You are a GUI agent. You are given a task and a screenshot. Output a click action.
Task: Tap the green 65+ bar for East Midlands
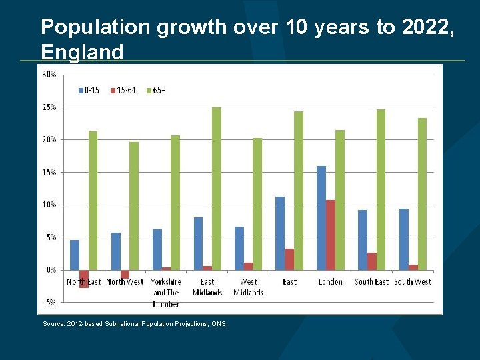[217, 188]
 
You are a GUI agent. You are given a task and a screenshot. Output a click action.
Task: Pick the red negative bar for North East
[84, 279]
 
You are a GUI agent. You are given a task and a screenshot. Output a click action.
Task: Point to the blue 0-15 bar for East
[280, 233]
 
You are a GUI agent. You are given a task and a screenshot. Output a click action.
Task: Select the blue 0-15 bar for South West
[404, 239]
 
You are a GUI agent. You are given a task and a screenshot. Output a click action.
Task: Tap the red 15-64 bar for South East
[372, 261]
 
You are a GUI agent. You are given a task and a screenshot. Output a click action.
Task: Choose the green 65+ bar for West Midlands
[257, 203]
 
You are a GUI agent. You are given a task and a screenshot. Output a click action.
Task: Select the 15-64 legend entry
[123, 90]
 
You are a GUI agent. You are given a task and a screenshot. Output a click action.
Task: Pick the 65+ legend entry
[159, 90]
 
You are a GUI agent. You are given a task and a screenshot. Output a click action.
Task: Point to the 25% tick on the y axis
[49, 107]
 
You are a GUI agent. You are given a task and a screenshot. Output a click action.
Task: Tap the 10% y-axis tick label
[49, 205]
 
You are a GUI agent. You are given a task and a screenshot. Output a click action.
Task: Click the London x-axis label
[331, 282]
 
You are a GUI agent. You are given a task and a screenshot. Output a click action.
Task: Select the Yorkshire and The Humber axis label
[166, 293]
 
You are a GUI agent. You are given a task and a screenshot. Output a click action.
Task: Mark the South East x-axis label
[371, 282]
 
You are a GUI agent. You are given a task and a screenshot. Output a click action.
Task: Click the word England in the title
[82, 52]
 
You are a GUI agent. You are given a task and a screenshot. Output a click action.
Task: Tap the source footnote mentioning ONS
[134, 324]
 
